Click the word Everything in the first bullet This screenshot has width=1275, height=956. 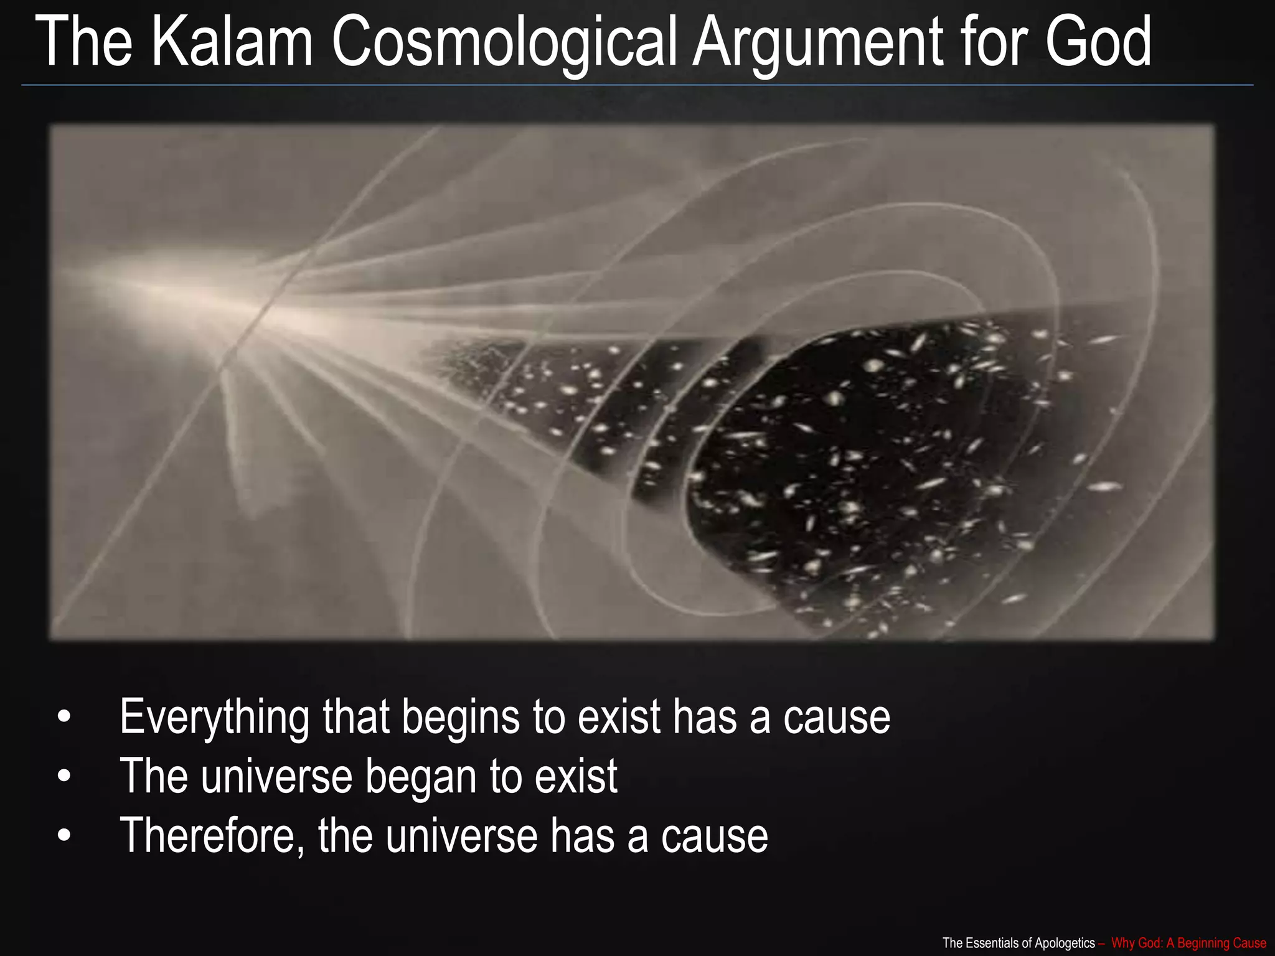click(214, 717)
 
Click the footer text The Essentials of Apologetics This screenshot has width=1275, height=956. click(1019, 943)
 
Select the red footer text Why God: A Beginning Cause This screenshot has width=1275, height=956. click(1188, 943)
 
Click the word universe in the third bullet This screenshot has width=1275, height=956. click(461, 835)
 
